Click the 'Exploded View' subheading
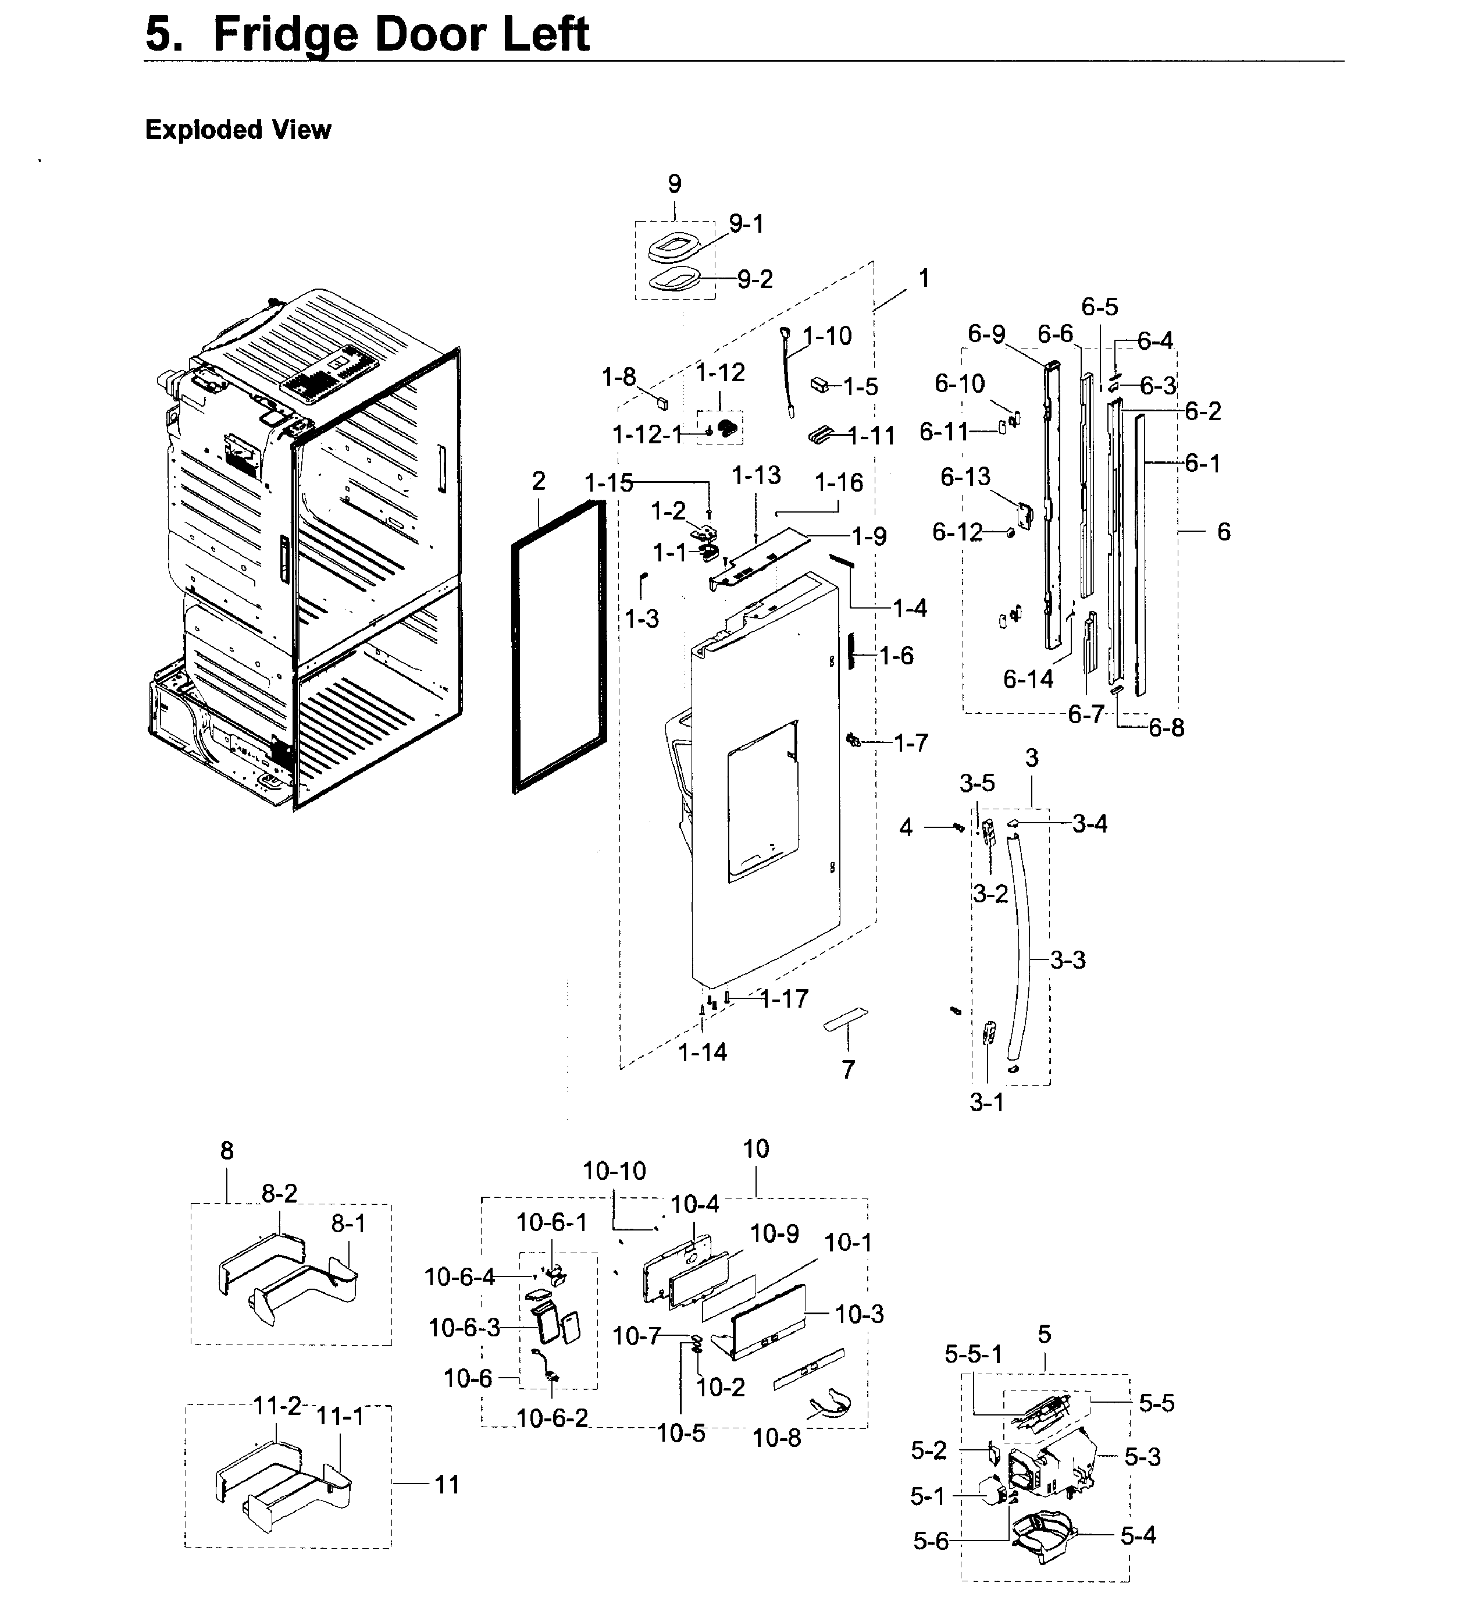coord(238,130)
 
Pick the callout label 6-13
coord(965,477)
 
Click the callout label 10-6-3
coord(464,1328)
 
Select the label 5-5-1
coord(973,1354)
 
